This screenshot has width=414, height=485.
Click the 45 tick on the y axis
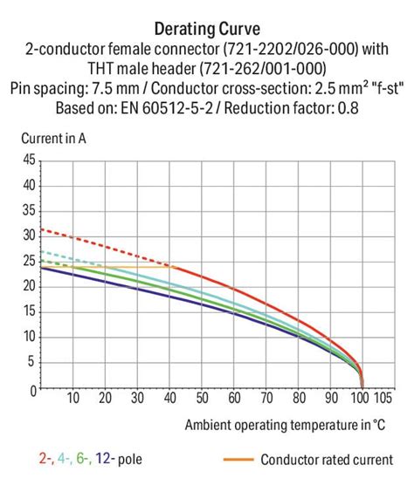click(x=31, y=161)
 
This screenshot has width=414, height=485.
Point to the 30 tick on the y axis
click(x=31, y=236)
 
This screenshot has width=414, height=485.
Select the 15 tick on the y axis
click(x=31, y=311)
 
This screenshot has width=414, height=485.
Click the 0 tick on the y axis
click(x=33, y=389)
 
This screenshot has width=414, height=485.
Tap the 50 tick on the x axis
click(x=203, y=400)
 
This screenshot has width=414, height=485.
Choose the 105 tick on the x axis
click(x=382, y=400)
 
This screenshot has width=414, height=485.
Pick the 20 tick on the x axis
click(x=106, y=400)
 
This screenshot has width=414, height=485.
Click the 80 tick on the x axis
click(x=299, y=400)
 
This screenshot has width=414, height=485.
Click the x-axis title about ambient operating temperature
click(x=286, y=425)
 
